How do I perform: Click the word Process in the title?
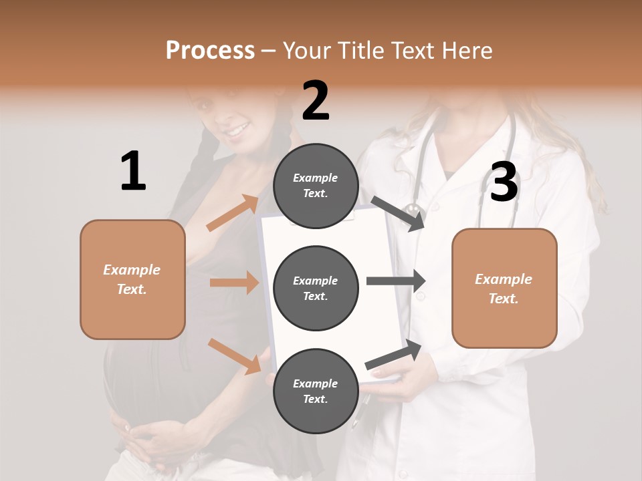[x=210, y=51]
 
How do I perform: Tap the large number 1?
[x=133, y=171]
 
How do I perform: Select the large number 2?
[x=316, y=100]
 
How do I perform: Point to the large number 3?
[x=504, y=182]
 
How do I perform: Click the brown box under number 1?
[x=132, y=279]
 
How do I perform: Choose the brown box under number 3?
[x=504, y=288]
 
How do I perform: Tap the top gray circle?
[x=316, y=186]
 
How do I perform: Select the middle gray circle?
[x=316, y=288]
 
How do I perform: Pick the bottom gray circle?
[x=316, y=391]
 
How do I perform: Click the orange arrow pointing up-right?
[x=233, y=212]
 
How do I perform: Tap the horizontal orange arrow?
[x=234, y=283]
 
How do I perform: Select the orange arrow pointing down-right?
[x=235, y=356]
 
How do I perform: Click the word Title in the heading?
[x=362, y=51]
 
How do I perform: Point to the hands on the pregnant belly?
[x=144, y=438]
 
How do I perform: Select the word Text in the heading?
[x=412, y=51]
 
